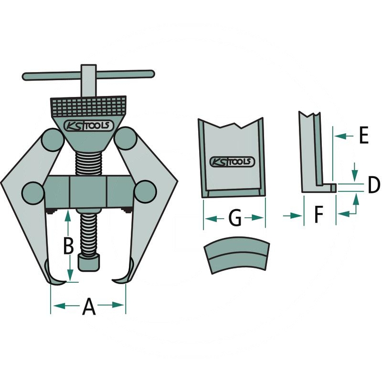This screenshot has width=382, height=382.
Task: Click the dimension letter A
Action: pos(89,306)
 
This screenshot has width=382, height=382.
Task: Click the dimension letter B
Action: pos(69,246)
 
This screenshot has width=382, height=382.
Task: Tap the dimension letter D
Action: pos(373,185)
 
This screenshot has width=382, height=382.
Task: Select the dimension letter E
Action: pos(363,137)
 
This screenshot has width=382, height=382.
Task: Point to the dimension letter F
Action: pos(319,216)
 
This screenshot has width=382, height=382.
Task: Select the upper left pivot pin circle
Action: pos(51,139)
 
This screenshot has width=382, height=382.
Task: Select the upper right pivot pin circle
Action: pos(125,139)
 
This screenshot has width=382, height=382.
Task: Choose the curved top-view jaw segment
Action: pos(236,256)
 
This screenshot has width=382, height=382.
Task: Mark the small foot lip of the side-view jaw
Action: pos(330,188)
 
